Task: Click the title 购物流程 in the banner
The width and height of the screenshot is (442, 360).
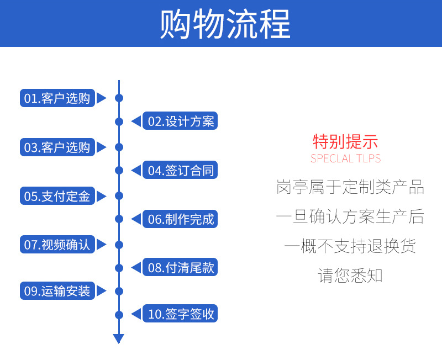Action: [x=225, y=24]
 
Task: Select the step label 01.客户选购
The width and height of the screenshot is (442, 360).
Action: [x=57, y=98]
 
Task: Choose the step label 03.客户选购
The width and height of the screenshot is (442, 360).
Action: [x=57, y=147]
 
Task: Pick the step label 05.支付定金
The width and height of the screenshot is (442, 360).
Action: [x=57, y=196]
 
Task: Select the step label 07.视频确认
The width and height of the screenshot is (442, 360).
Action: [x=57, y=245]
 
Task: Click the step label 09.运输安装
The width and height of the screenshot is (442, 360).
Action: [x=57, y=290]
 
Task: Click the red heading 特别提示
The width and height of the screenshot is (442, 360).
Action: [x=345, y=141]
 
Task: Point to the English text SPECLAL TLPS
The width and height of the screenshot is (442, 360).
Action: [x=346, y=158]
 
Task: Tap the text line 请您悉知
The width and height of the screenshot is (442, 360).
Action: [x=350, y=276]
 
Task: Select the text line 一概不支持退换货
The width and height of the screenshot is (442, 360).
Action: [x=350, y=246]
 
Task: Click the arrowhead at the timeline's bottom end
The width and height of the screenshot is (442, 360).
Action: [x=119, y=338]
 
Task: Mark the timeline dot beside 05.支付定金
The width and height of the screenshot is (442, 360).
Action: [x=119, y=196]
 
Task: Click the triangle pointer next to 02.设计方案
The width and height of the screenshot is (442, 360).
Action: [x=136, y=121]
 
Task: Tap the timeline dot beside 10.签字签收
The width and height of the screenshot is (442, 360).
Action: [x=119, y=315]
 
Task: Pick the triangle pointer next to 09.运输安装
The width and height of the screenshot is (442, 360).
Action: [x=102, y=291]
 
